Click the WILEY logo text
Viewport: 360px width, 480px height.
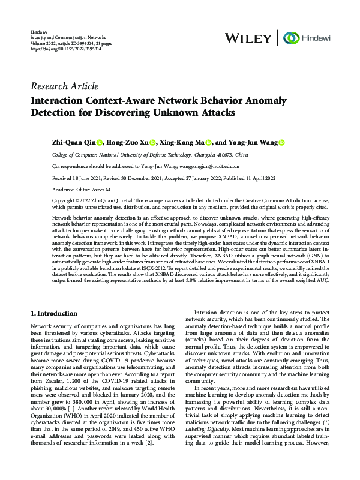(247, 38)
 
